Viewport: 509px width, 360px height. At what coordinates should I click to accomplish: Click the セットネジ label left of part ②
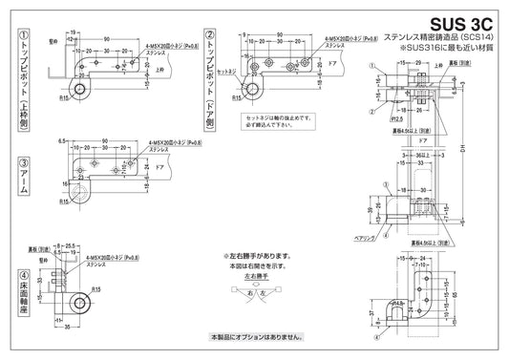pyautogui.click(x=227, y=71)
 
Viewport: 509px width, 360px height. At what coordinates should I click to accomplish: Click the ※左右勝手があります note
pyautogui.click(x=253, y=257)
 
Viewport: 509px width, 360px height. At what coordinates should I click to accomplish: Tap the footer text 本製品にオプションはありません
pyautogui.click(x=255, y=337)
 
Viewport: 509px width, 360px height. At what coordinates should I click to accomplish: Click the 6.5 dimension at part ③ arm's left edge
pyautogui.click(x=60, y=141)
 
